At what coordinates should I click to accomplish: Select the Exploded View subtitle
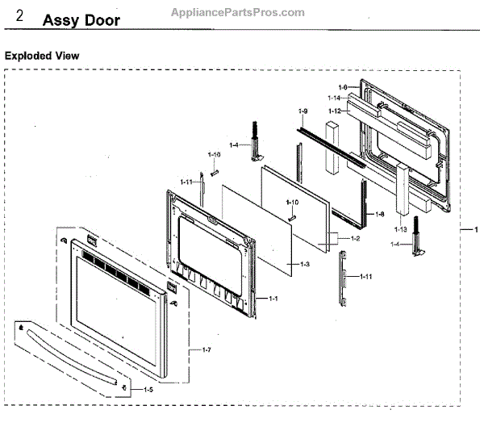(42, 56)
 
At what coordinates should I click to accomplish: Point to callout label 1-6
(342, 87)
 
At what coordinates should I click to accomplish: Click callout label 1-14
(334, 98)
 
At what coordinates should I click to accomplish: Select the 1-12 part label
(334, 111)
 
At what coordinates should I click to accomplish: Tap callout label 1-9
(302, 111)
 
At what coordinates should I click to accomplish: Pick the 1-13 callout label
(401, 230)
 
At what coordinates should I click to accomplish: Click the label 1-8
(379, 215)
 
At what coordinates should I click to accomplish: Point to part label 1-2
(354, 240)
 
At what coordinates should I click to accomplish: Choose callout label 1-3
(305, 264)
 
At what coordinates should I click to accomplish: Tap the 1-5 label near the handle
(148, 389)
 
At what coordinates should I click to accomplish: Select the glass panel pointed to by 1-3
(254, 226)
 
